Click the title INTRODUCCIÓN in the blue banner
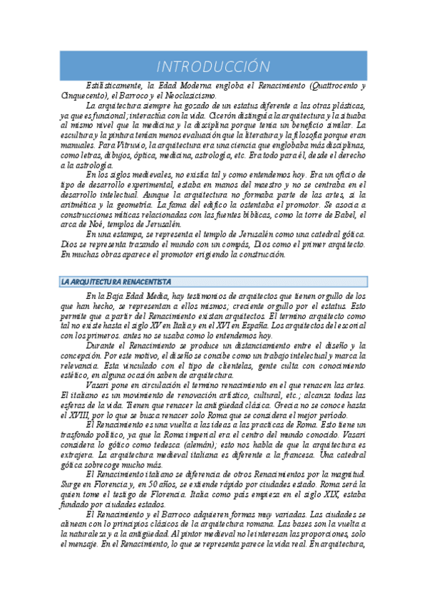click(213, 66)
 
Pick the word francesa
click(303, 453)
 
